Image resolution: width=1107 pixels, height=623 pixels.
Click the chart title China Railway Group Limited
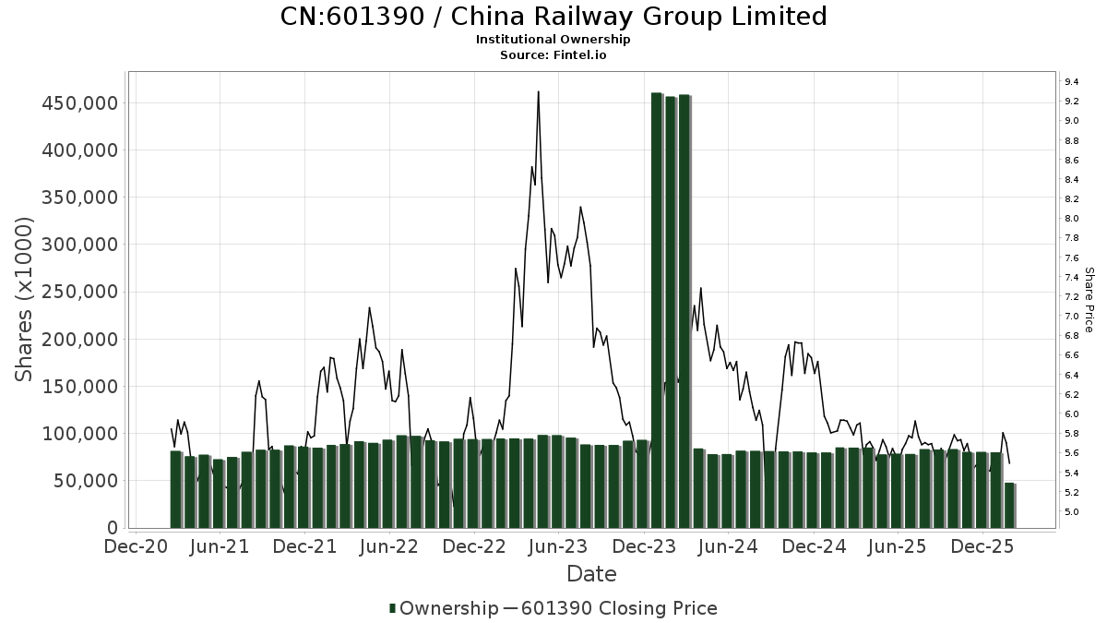(x=553, y=17)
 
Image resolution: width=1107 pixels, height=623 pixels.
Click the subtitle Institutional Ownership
(x=553, y=40)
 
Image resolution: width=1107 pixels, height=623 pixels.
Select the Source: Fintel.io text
(x=553, y=54)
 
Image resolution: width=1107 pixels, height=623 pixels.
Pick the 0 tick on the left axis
(x=113, y=528)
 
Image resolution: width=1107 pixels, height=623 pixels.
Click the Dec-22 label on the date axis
(x=474, y=546)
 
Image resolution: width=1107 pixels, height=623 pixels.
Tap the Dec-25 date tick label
(x=983, y=546)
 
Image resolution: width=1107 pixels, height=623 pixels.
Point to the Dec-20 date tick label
(x=136, y=546)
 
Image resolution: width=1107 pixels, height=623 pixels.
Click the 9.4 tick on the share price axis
(x=1072, y=82)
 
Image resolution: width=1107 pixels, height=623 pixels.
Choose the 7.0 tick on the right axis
(x=1072, y=317)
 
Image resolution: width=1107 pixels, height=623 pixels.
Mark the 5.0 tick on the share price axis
(x=1072, y=512)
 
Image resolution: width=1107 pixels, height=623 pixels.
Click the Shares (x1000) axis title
(x=25, y=299)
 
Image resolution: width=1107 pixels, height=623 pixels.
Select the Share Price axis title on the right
(x=1089, y=299)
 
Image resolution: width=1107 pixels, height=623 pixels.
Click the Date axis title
(x=591, y=574)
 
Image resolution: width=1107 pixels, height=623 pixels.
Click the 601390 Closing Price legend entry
(x=618, y=608)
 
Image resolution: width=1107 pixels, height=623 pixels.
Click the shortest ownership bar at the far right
(x=1010, y=505)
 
